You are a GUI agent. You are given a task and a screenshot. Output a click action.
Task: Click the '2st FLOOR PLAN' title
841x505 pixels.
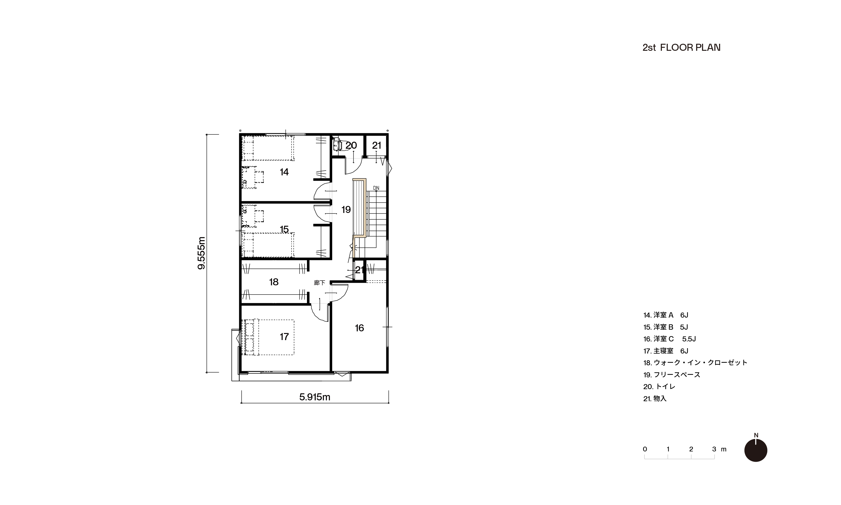tap(681, 48)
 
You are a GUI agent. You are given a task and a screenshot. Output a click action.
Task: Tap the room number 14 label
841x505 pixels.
tap(284, 172)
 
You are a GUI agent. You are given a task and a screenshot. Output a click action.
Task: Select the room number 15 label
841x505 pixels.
tap(284, 229)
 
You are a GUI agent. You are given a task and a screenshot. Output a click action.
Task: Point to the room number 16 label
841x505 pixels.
tap(359, 328)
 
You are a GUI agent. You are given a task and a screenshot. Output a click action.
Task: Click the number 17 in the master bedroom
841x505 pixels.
tap(284, 337)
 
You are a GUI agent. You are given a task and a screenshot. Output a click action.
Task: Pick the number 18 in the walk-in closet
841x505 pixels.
tap(274, 282)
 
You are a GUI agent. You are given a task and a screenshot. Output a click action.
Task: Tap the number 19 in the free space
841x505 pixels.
tap(346, 210)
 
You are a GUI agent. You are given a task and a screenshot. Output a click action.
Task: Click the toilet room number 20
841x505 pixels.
tap(351, 145)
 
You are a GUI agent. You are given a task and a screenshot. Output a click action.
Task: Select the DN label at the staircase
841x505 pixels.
tap(376, 188)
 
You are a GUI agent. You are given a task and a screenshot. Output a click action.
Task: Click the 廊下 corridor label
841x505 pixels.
tap(319, 283)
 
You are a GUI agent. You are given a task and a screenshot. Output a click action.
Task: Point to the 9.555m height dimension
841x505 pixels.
tap(202, 253)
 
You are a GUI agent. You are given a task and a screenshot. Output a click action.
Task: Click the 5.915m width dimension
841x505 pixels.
tap(315, 397)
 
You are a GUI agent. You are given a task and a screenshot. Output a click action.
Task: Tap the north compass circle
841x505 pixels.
tap(756, 450)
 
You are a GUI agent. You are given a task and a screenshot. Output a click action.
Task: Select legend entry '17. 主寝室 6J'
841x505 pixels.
tap(666, 351)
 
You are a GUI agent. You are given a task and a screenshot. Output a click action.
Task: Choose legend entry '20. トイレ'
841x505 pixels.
tap(659, 387)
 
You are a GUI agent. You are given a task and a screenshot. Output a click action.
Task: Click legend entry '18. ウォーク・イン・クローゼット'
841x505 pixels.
tap(695, 363)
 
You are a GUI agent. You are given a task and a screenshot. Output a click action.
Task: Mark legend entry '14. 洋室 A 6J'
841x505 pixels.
tap(666, 315)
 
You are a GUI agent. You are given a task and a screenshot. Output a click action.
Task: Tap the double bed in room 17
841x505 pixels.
tap(268, 337)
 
